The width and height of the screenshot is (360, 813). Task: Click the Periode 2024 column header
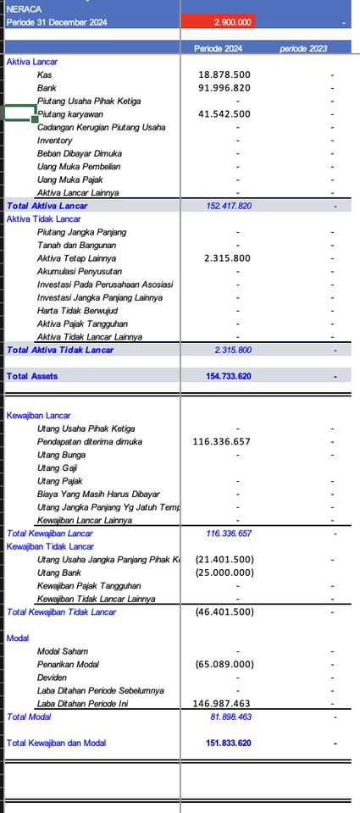tap(218, 49)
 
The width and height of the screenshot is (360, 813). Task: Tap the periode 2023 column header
tap(303, 49)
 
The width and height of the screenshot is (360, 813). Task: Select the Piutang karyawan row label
tap(69, 114)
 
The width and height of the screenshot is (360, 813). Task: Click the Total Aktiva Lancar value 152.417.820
tap(229, 206)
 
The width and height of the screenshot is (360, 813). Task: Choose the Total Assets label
tap(32, 376)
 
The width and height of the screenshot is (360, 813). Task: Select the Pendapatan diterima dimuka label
tap(90, 442)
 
